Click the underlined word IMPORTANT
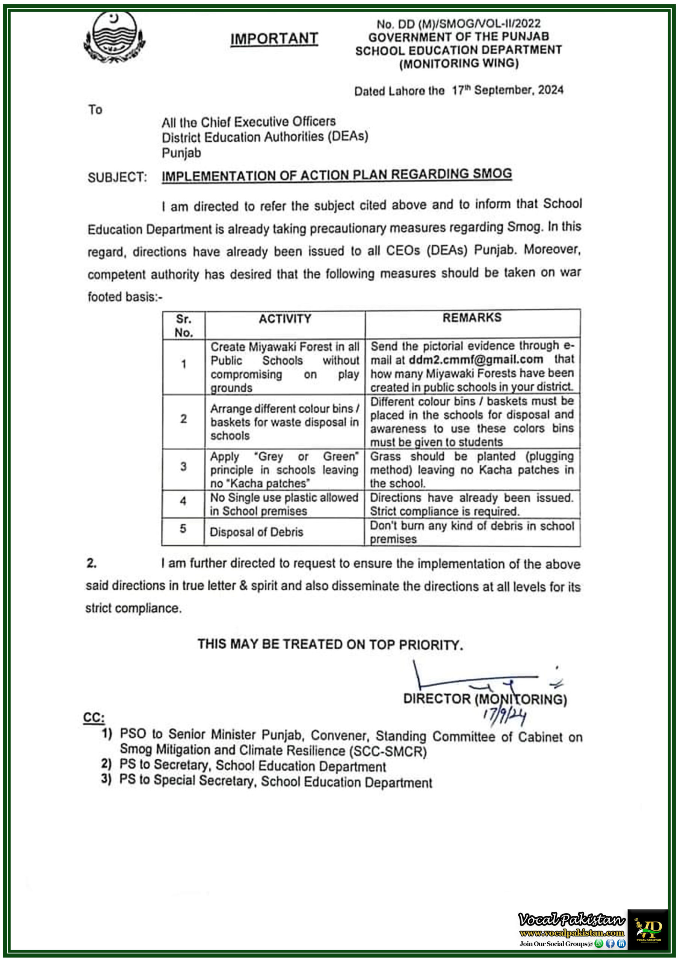tap(274, 39)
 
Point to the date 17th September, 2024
tap(508, 90)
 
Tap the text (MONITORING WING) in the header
tap(459, 64)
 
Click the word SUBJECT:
tap(117, 177)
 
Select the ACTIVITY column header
tap(285, 319)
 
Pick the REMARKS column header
tap(472, 318)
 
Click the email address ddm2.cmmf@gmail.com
tap(476, 360)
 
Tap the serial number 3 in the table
tap(183, 467)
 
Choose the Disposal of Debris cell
tap(257, 532)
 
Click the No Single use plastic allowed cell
tap(284, 504)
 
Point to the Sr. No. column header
tap(183, 325)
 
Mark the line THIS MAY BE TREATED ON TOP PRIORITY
tap(330, 644)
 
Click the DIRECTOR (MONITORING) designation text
tap(485, 699)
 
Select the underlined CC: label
tap(94, 717)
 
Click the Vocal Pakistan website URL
tap(571, 933)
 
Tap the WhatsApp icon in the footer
tap(599, 944)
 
